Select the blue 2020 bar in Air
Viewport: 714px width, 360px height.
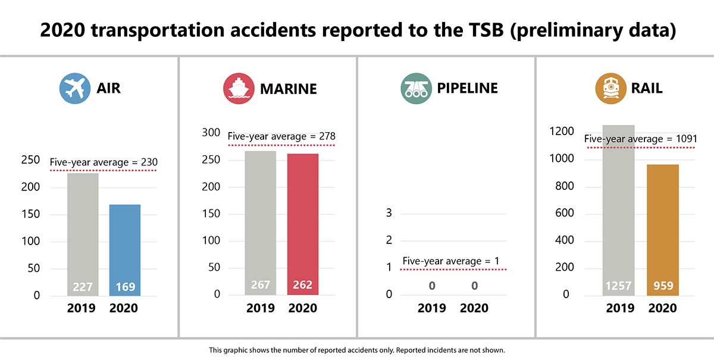[x=125, y=250]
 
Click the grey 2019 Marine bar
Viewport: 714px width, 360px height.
[x=261, y=223]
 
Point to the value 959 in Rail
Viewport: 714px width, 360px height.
[x=663, y=286]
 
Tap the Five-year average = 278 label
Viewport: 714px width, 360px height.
[x=281, y=137]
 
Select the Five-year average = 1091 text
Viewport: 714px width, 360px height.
[x=640, y=139]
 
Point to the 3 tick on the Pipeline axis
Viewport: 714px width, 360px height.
[x=389, y=213]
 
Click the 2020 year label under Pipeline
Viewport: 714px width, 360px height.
[x=474, y=308]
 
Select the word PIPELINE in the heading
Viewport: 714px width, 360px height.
[x=467, y=89]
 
